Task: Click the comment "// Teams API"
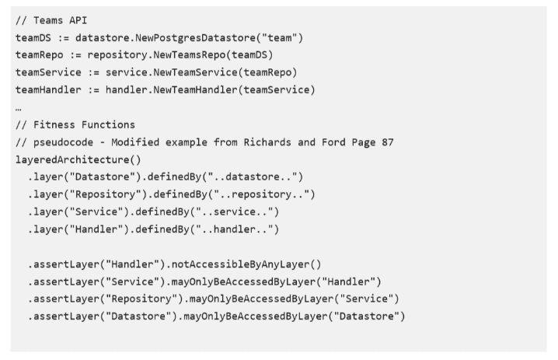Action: (51, 20)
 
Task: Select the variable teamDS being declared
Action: (33, 38)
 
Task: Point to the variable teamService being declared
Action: (48, 72)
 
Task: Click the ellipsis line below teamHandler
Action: (19, 109)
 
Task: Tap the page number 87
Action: (388, 142)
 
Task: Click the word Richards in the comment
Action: (267, 142)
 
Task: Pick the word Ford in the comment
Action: (333, 142)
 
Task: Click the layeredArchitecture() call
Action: (78, 159)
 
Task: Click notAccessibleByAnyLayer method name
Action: (241, 264)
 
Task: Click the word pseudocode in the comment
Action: (64, 142)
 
